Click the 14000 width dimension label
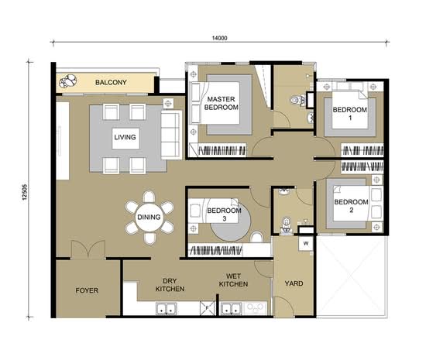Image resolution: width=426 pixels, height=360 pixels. (219, 38)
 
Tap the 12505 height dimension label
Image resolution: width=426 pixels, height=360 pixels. (25, 192)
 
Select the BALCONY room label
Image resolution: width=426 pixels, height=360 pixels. (111, 82)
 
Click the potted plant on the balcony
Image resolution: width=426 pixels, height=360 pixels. (68, 81)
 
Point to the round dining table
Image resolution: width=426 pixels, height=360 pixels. (149, 218)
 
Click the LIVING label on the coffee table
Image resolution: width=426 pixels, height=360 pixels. (125, 137)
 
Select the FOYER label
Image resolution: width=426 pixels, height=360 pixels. (87, 290)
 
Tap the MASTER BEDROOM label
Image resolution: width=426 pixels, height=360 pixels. (222, 103)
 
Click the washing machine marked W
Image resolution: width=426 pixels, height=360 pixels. (306, 243)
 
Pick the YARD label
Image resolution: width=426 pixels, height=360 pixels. (294, 283)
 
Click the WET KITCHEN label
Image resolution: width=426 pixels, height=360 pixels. (233, 280)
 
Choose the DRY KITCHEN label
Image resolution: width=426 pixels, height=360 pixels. (170, 285)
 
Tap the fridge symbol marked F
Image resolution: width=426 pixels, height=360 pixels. (208, 308)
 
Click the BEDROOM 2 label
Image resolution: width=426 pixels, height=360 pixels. (352, 206)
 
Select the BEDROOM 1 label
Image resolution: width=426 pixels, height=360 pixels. (350, 114)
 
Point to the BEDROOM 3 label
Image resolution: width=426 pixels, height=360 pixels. (224, 214)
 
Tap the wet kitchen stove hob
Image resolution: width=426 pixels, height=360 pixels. (256, 308)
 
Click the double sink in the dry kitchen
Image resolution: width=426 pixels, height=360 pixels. (166, 309)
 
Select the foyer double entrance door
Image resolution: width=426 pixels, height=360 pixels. (88, 249)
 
